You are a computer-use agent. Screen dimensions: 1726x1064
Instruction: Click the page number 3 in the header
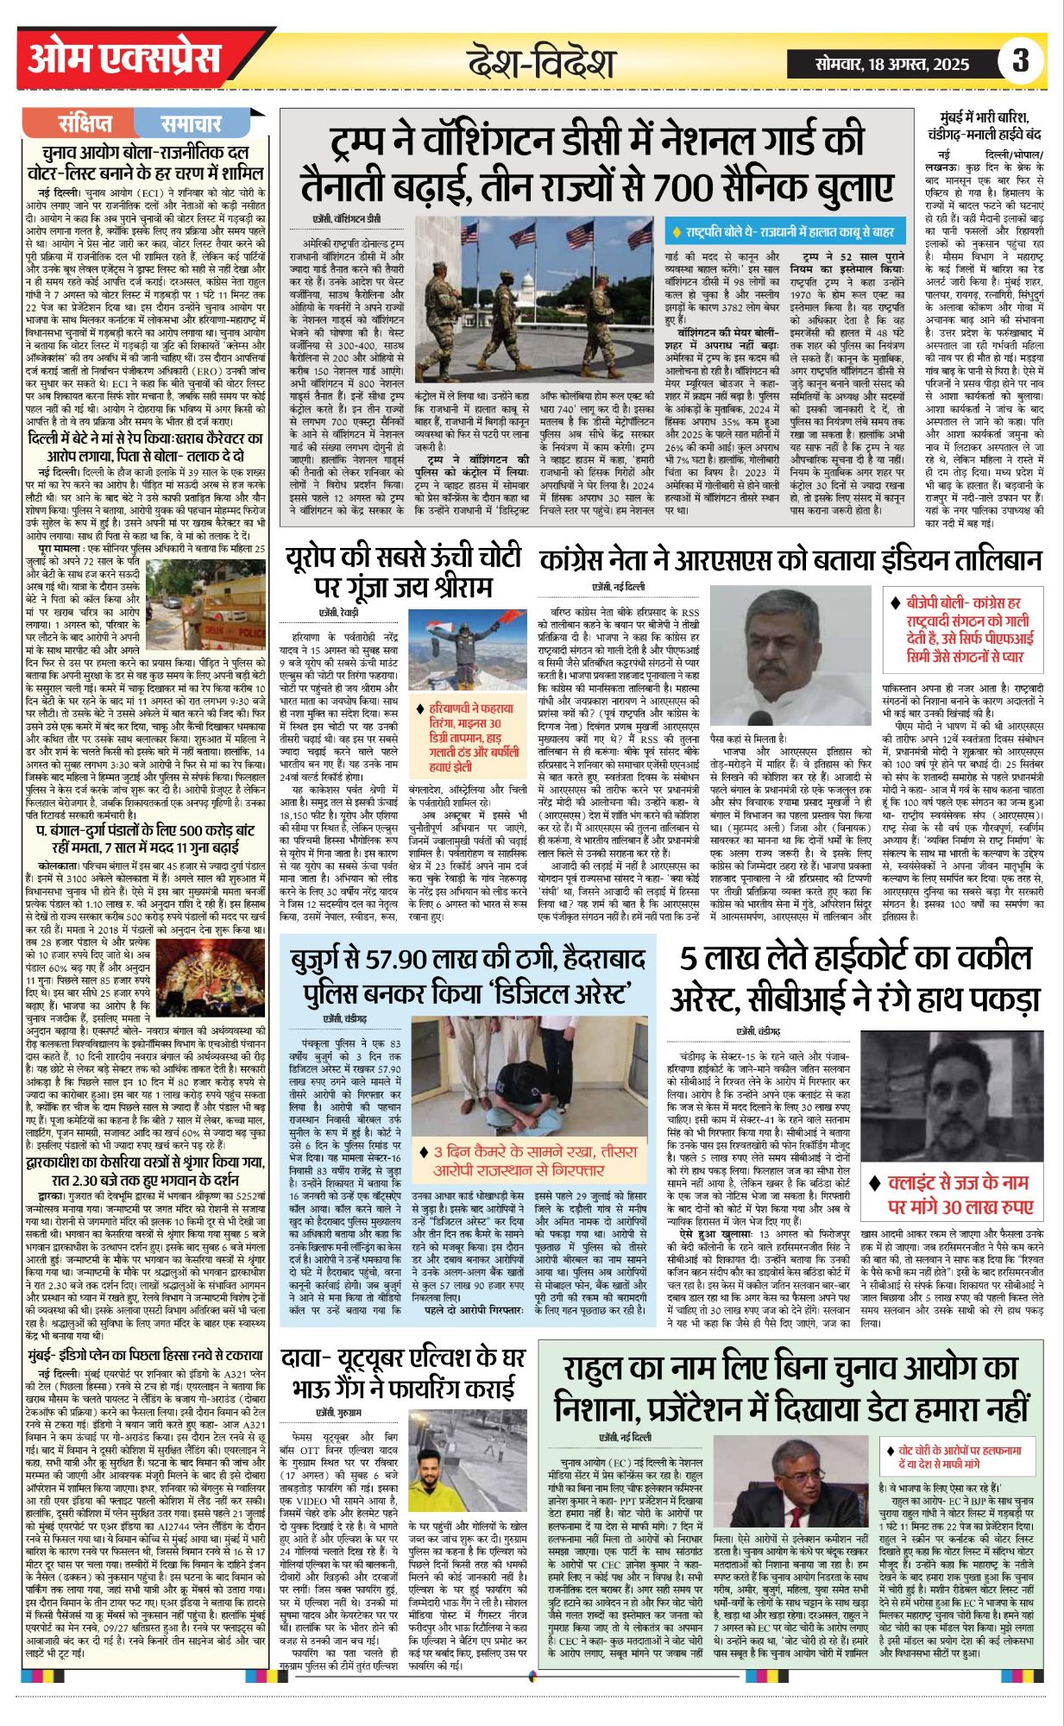[1021, 60]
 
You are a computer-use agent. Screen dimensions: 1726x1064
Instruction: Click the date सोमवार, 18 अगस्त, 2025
[892, 63]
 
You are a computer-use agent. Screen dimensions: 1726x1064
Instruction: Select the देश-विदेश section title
[541, 63]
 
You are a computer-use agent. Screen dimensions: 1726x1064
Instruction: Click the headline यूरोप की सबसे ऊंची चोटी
[403, 574]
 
